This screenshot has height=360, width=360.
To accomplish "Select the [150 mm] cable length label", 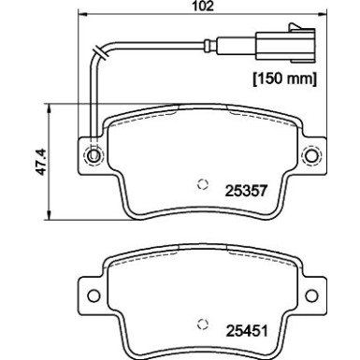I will (x=285, y=77).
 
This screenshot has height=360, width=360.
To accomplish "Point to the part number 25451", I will (x=245, y=329).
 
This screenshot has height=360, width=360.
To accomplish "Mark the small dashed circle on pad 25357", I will (x=200, y=183).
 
